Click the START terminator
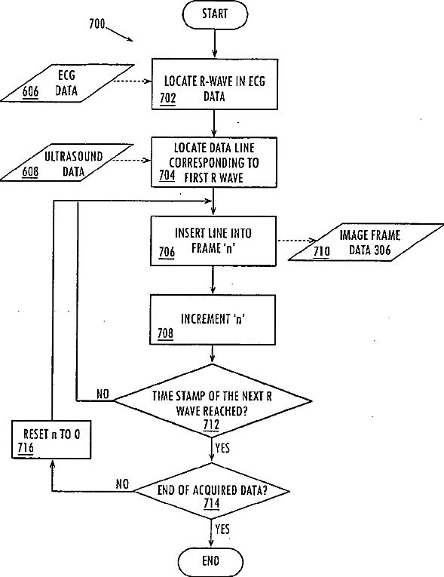215,14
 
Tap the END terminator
211,562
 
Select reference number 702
168,99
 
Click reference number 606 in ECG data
31,91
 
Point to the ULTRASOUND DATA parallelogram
66,163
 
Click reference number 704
167,176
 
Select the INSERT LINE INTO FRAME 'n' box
213,241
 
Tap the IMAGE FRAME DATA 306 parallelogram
366,243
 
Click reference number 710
322,252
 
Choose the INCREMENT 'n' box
213,320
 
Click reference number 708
166,333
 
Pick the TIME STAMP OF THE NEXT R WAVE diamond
213,401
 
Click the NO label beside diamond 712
103,394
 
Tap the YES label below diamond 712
222,448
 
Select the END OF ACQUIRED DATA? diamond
212,491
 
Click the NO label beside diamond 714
122,484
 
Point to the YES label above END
222,529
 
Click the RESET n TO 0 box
51,440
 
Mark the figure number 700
97,24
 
